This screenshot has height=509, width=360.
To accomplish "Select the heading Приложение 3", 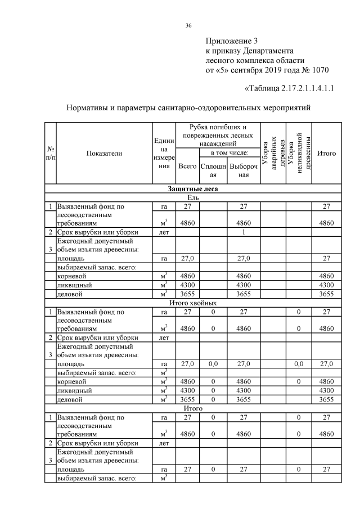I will (231, 41).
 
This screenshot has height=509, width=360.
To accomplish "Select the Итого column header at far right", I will (327, 153).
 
